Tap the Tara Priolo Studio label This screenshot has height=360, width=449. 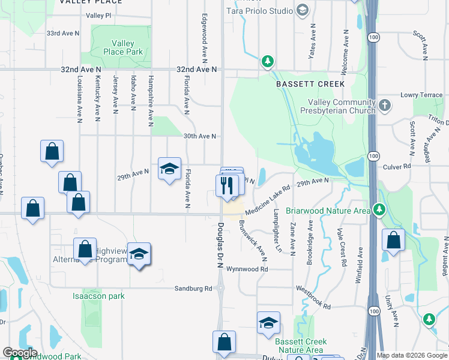(259, 11)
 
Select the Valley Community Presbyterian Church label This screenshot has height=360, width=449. (342, 106)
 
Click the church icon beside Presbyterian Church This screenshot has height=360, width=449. (385, 106)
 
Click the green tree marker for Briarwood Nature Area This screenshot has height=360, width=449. (378, 210)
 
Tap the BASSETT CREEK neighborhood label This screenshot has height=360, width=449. (310, 85)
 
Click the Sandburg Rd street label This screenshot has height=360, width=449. (193, 288)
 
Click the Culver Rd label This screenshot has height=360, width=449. (397, 166)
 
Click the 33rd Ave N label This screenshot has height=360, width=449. (63, 33)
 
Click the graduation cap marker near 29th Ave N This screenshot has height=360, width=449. (169, 169)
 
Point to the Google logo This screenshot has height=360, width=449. (19, 353)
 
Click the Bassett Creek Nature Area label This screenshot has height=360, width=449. (300, 346)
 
